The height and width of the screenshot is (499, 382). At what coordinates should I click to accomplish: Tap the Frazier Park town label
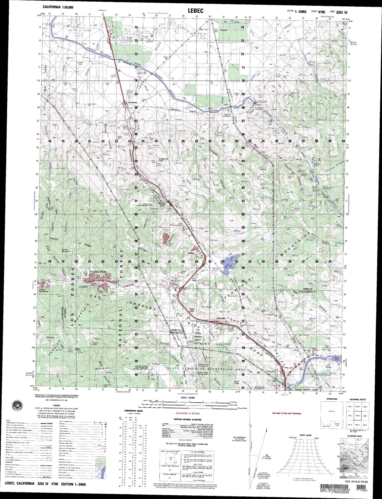click(x=98, y=272)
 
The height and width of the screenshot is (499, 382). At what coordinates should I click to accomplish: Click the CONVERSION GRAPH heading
click(x=134, y=411)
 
